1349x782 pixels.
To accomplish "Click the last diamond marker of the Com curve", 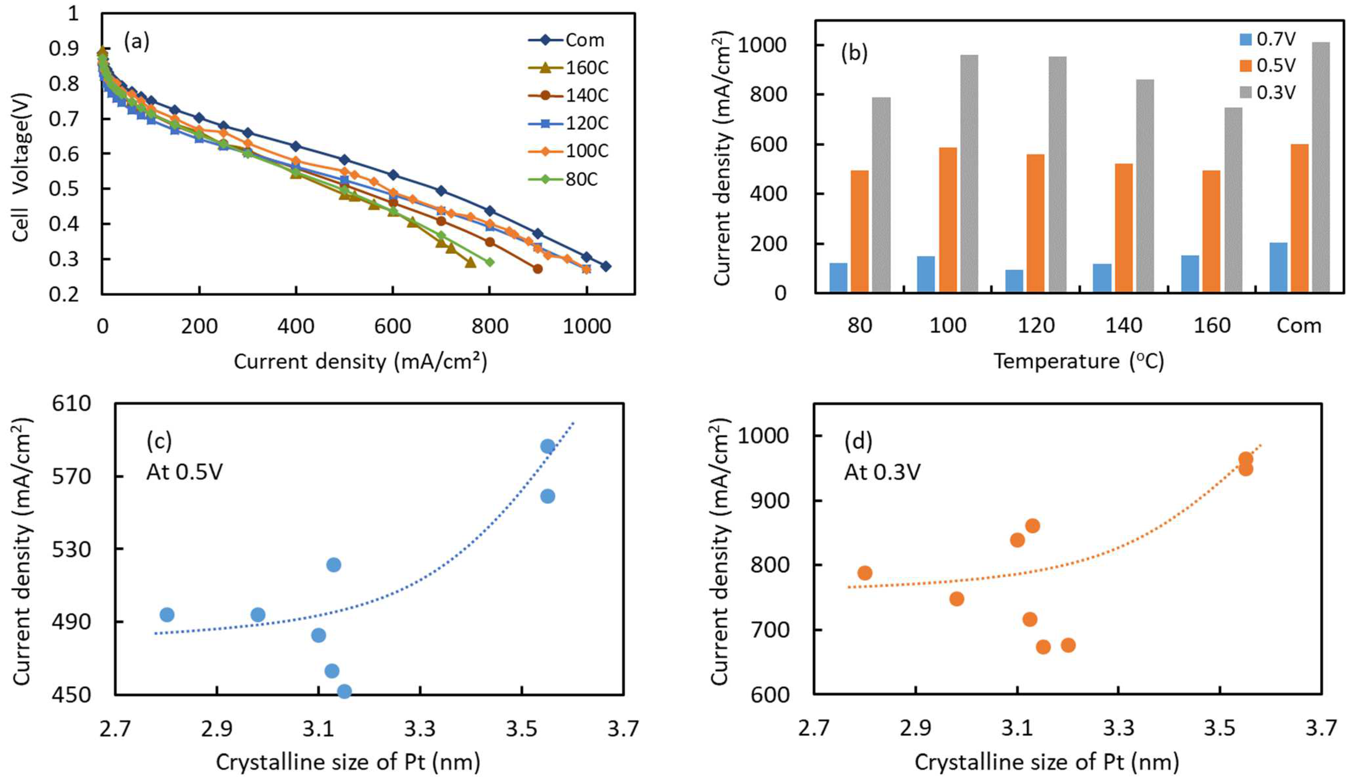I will [x=606, y=266].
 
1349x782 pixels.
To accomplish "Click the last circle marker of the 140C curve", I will [x=538, y=269].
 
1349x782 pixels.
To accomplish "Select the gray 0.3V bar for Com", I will [x=1321, y=167].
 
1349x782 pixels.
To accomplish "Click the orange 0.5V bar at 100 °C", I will [x=948, y=219].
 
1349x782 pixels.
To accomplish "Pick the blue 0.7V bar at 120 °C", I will [x=1014, y=281].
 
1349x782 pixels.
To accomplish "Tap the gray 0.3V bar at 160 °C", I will [x=1233, y=200].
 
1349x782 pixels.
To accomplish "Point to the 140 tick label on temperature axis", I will [x=1124, y=325].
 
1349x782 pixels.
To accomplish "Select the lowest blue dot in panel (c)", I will [x=344, y=691].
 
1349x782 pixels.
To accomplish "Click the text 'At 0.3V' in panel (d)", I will [x=882, y=472].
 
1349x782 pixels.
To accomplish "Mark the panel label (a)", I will [x=137, y=41].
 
